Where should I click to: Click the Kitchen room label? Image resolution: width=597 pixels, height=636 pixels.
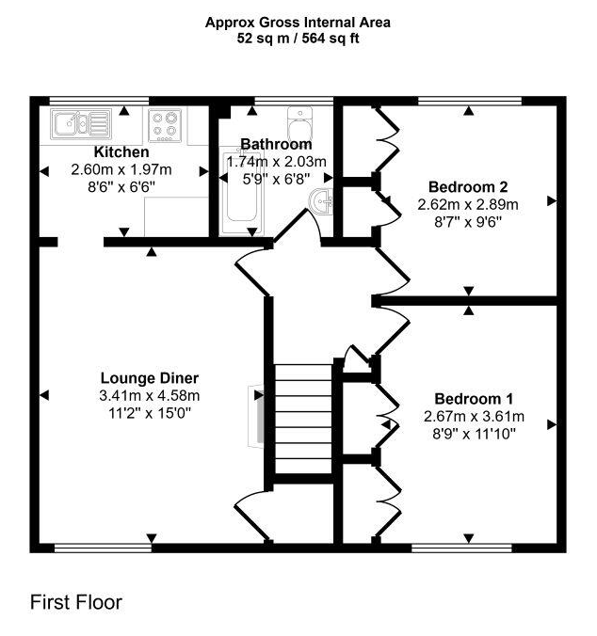121,152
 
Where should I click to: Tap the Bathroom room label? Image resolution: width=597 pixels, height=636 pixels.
276,144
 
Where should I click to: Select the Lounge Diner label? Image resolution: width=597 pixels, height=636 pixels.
150,378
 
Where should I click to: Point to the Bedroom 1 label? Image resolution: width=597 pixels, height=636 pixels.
474,399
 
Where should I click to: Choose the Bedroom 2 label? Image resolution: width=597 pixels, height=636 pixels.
468,187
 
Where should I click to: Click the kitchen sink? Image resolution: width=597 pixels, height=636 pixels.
81,123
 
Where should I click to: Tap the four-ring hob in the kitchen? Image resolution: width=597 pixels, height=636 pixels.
165,125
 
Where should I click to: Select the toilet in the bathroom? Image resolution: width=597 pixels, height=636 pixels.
300,123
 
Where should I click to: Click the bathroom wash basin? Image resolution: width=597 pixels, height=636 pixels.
321,200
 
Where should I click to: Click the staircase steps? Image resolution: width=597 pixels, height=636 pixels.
303,419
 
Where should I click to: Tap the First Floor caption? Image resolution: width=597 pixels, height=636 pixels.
76,602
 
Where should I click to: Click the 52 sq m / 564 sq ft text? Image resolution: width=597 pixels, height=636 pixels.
298,39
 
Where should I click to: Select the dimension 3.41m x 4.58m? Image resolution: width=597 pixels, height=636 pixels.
150,395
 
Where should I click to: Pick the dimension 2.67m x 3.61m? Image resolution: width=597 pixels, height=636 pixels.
474,417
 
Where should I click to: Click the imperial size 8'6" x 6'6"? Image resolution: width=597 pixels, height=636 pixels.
121,187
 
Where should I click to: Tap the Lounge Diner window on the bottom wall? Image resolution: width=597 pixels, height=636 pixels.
103,549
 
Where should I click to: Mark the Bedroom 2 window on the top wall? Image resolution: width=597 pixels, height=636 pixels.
470,101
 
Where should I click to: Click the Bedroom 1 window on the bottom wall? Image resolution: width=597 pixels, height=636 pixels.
461,549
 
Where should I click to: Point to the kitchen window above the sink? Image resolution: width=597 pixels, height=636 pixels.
100,101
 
